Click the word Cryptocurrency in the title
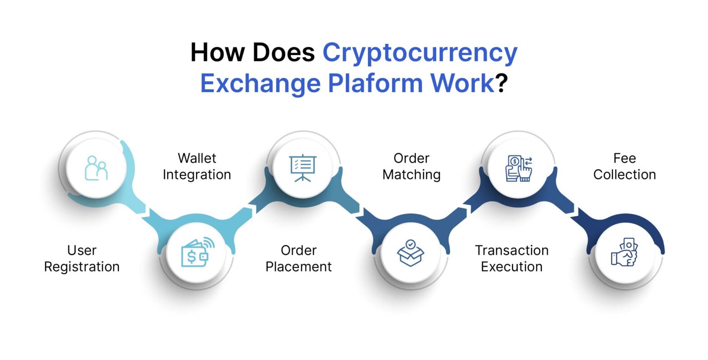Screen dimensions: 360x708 (x=419, y=53)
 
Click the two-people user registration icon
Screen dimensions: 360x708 (x=96, y=168)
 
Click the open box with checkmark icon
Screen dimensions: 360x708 (x=410, y=253)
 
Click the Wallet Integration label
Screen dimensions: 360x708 (x=197, y=166)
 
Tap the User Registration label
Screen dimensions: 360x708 (x=82, y=258)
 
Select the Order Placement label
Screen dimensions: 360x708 (x=298, y=258)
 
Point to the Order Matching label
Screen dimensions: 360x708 (x=411, y=166)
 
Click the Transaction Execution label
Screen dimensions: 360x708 (x=512, y=258)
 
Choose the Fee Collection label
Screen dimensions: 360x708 (x=624, y=166)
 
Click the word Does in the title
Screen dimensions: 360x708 (x=284, y=53)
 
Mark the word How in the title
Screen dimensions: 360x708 (x=218, y=53)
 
